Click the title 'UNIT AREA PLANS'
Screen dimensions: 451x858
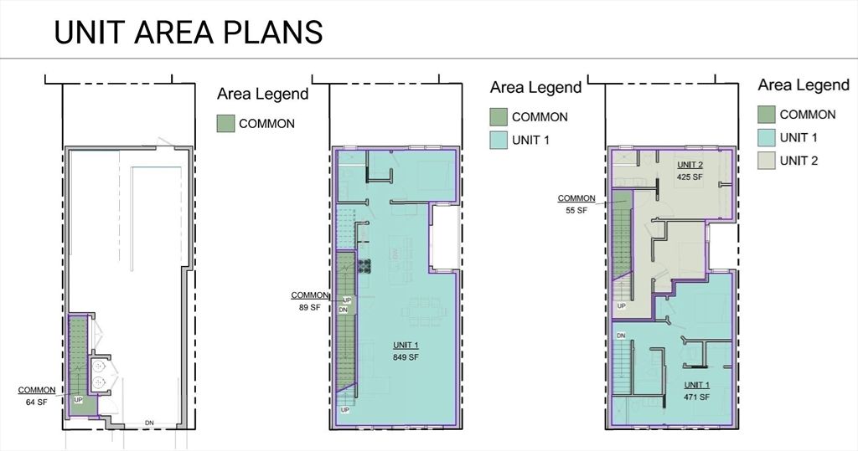pos(188,32)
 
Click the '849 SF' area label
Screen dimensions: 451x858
pos(406,357)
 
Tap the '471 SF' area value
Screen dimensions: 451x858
pos(695,397)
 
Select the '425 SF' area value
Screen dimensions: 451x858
pos(690,177)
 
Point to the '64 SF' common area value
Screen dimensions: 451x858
pos(37,402)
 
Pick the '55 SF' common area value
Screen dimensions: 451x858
pos(576,211)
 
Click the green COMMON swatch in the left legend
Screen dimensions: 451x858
pos(225,124)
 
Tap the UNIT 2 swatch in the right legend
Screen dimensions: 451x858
pos(766,161)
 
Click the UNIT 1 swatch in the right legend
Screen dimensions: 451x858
pos(766,137)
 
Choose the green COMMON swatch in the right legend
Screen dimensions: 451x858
pos(766,115)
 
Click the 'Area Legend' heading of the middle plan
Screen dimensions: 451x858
pos(535,87)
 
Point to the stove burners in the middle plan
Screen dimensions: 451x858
pos(364,267)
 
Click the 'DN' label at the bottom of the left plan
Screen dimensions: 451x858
pos(150,422)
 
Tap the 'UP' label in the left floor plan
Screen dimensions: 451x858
pos(79,401)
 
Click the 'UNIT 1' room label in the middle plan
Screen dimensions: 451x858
pos(406,346)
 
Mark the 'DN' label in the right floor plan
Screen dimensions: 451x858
pos(621,336)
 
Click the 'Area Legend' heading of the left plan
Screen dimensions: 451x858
pos(262,94)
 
